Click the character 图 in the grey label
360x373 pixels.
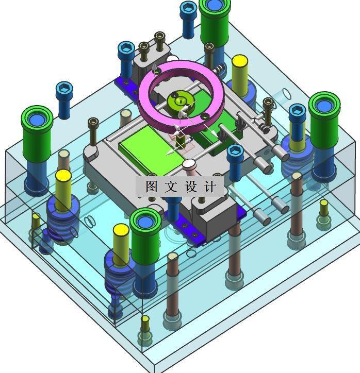coord(152,186)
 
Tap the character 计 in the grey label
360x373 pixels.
coord(210,186)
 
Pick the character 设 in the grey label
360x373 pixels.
coord(190,186)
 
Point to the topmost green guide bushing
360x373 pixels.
coord(215,23)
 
